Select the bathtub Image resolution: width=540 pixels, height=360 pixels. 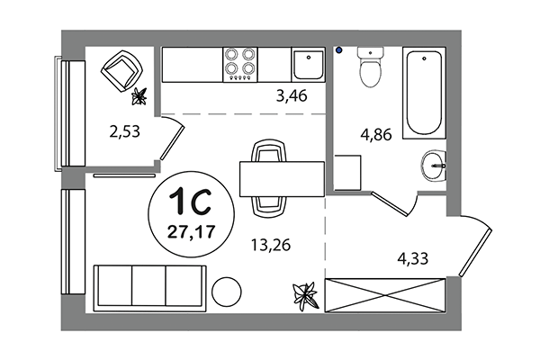pyautogui.click(x=424, y=93)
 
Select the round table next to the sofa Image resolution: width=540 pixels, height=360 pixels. pyautogui.click(x=228, y=292)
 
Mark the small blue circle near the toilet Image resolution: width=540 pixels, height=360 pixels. pyautogui.click(x=339, y=51)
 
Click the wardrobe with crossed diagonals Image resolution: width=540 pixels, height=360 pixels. pyautogui.click(x=384, y=294)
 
